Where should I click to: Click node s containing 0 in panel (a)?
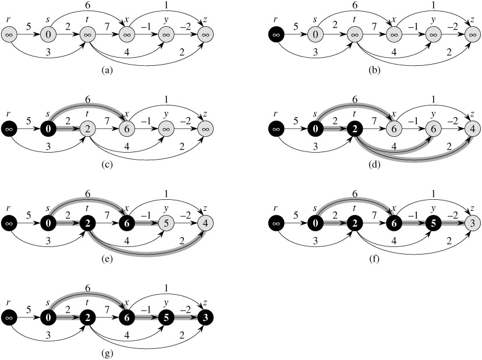(48, 35)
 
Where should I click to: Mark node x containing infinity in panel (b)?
(395, 35)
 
